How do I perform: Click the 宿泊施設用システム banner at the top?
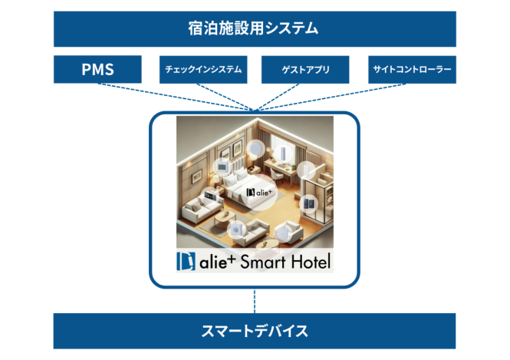pyautogui.click(x=255, y=29)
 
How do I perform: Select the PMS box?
pyautogui.click(x=97, y=69)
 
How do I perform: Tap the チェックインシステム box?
pyautogui.click(x=203, y=69)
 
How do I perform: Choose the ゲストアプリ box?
pyautogui.click(x=305, y=69)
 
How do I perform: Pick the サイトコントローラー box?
pyautogui.click(x=412, y=69)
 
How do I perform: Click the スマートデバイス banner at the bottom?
pyautogui.click(x=255, y=331)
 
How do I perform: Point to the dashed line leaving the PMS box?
pyautogui.click(x=176, y=97)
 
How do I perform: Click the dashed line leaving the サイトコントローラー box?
pyautogui.click(x=330, y=97)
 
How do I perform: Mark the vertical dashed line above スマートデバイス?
pyautogui.click(x=255, y=301)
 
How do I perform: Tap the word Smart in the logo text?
pyautogui.click(x=263, y=262)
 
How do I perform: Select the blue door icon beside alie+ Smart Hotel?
pyautogui.click(x=186, y=262)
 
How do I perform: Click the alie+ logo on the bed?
pyautogui.click(x=259, y=193)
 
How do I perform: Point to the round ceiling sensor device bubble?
pyautogui.click(x=255, y=150)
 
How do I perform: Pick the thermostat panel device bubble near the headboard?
pyautogui.click(x=222, y=167)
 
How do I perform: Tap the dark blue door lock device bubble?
pyautogui.click(x=308, y=203)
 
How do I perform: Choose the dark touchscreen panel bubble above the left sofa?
pyautogui.click(x=209, y=197)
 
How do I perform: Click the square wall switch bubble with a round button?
pyautogui.click(x=236, y=230)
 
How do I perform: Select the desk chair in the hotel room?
pyautogui.click(x=277, y=176)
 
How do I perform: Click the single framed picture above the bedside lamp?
pyautogui.click(x=197, y=177)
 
